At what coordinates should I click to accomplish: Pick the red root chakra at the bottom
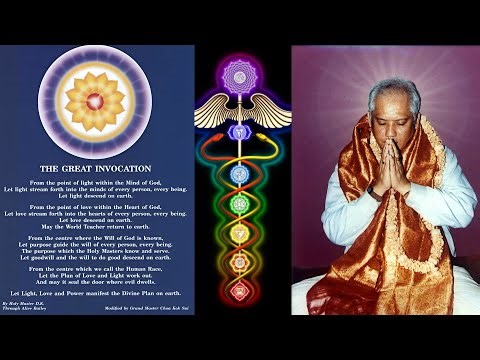click(240, 291)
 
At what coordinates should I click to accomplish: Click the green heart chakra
click(240, 203)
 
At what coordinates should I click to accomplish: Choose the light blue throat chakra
click(240, 173)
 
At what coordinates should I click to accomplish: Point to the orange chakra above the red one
click(240, 262)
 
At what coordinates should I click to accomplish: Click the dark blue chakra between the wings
click(240, 132)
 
